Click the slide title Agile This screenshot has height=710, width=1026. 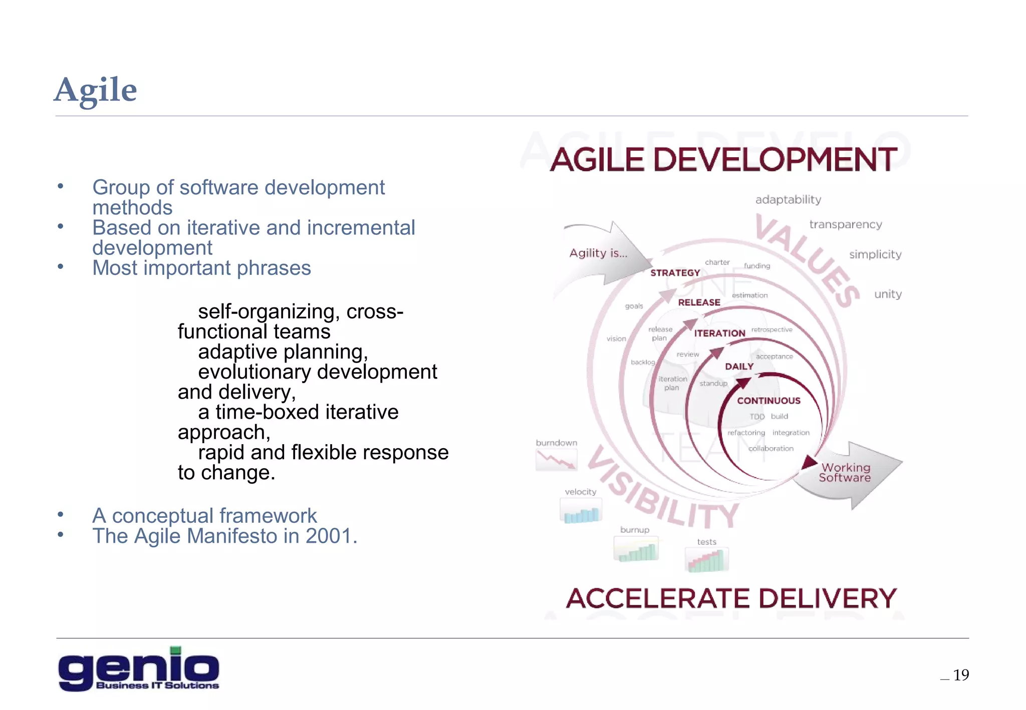click(x=95, y=91)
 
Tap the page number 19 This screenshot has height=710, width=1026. click(x=960, y=675)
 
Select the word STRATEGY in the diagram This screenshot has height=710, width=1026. click(x=675, y=273)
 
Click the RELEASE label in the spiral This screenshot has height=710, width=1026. click(x=699, y=302)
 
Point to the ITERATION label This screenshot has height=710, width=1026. click(x=719, y=333)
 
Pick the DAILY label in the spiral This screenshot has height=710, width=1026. click(x=739, y=367)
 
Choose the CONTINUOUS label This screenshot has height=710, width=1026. click(x=768, y=401)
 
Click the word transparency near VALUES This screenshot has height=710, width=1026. click(x=846, y=225)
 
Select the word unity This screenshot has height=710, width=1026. click(x=888, y=294)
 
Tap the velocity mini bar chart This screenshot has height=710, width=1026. click(x=581, y=512)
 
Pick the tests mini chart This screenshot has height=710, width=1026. click(x=706, y=560)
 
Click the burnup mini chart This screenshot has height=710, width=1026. click(x=636, y=550)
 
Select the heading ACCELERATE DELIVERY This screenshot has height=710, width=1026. click(x=731, y=598)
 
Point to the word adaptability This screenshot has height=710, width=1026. click(x=788, y=200)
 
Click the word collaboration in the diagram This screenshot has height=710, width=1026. click(x=771, y=449)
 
